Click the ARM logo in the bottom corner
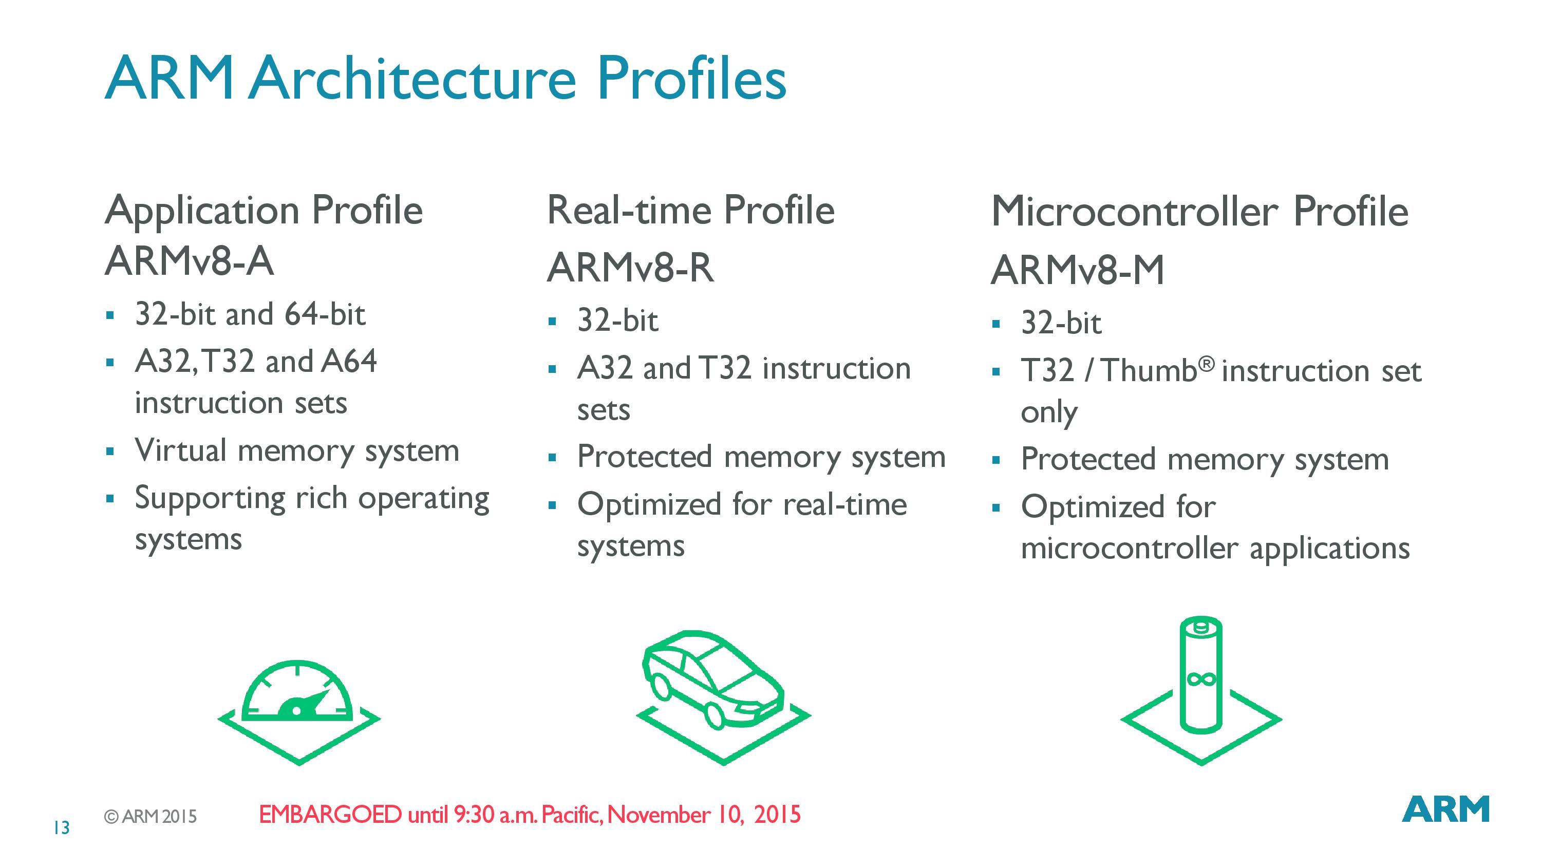[x=1445, y=809]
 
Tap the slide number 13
[x=62, y=827]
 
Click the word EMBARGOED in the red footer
[x=330, y=814]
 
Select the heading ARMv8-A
[x=190, y=261]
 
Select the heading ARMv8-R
[x=630, y=268]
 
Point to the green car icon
[x=723, y=697]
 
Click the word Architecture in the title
[x=413, y=79]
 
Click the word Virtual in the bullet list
[x=181, y=450]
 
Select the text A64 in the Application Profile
[x=349, y=362]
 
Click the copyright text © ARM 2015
[x=150, y=817]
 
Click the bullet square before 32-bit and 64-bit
[x=109, y=315]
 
